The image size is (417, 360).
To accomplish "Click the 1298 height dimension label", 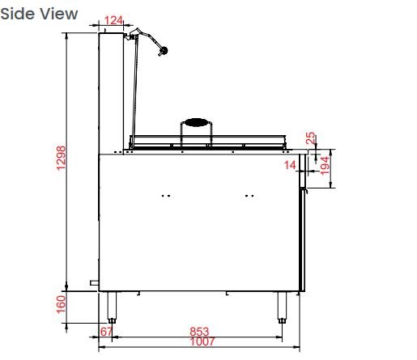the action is click(x=62, y=158).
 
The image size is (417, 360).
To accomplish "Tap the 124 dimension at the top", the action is click(x=113, y=20).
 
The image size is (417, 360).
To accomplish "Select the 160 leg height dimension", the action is click(x=62, y=304).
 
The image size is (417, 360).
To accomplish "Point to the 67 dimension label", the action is click(x=106, y=332).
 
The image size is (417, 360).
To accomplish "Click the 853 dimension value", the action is click(x=199, y=332).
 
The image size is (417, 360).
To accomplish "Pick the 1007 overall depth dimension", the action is click(x=202, y=341).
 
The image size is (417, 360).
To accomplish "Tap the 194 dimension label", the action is click(x=325, y=166).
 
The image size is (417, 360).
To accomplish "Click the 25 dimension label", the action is click(x=311, y=138).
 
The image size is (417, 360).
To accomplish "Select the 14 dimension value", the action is click(x=290, y=165).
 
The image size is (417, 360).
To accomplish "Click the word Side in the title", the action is click(x=17, y=14).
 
